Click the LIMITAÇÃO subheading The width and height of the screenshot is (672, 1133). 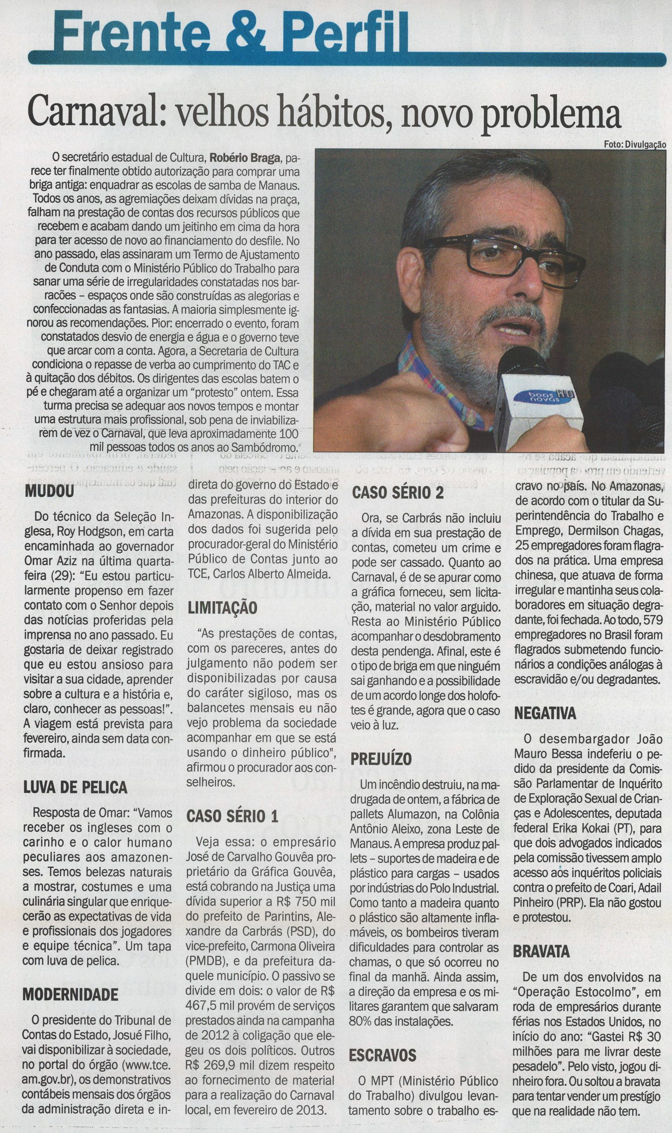222,607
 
